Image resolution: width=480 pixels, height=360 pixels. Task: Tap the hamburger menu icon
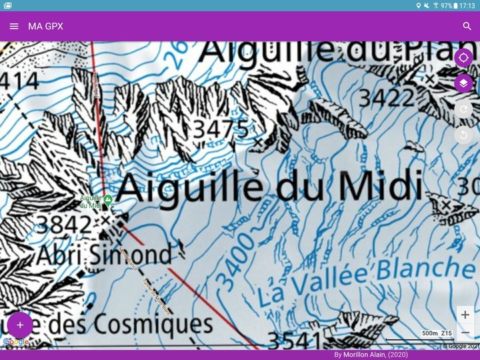tap(14, 26)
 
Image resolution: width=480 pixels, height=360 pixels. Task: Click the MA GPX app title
tap(45, 26)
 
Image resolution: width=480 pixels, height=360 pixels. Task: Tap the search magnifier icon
tap(467, 26)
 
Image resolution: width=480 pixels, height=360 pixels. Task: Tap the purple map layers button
tap(463, 83)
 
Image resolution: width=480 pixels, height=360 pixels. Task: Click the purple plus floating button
tap(20, 325)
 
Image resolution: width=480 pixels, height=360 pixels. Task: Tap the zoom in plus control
tap(465, 315)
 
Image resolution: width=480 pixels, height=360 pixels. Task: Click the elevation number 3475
tap(221, 128)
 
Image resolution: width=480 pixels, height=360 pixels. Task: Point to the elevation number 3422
tap(387, 98)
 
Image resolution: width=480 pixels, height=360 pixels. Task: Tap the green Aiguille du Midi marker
tap(107, 199)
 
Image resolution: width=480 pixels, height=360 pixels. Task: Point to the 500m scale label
tap(429, 333)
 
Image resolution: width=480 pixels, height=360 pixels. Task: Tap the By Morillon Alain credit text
tap(371, 355)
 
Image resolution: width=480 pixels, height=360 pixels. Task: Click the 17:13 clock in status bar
tap(467, 5)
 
